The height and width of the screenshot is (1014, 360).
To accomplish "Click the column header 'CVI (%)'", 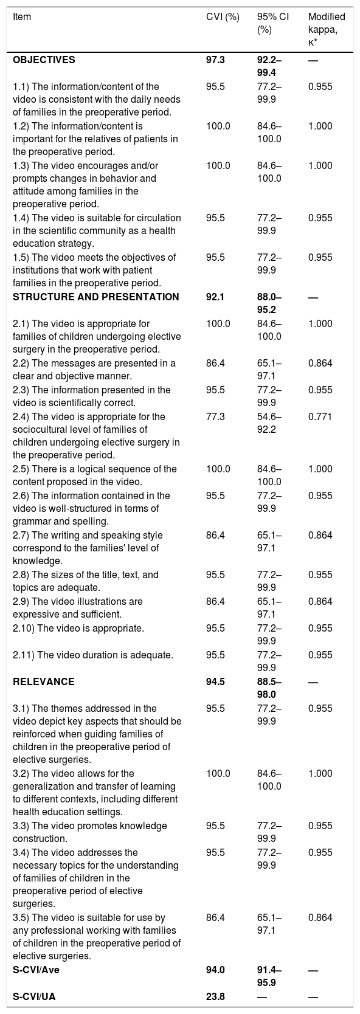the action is [x=223, y=17].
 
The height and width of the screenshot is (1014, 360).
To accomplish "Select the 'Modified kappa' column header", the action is [x=327, y=30].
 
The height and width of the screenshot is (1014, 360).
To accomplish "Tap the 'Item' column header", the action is [x=22, y=17].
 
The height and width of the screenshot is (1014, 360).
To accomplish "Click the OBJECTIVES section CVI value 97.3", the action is [x=215, y=60].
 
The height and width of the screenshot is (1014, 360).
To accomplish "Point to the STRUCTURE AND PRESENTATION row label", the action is [x=96, y=297].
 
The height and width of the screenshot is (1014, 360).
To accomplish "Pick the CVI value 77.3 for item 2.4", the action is [x=215, y=416].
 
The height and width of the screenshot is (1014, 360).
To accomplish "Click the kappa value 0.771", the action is [x=320, y=416].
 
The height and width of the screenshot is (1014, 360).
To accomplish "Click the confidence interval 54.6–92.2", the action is [x=269, y=422].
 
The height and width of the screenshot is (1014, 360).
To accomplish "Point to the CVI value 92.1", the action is [x=215, y=297].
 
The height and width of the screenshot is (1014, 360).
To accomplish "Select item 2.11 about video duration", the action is [x=93, y=655].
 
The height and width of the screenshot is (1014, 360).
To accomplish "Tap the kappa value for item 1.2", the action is [x=320, y=126].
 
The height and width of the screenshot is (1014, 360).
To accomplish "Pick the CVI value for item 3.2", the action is [x=218, y=774].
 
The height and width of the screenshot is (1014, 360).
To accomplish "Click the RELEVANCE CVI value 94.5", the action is [x=215, y=681].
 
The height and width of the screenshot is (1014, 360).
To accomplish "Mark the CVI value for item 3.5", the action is [x=215, y=917].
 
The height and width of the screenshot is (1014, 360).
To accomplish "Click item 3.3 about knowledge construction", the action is [x=90, y=832].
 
